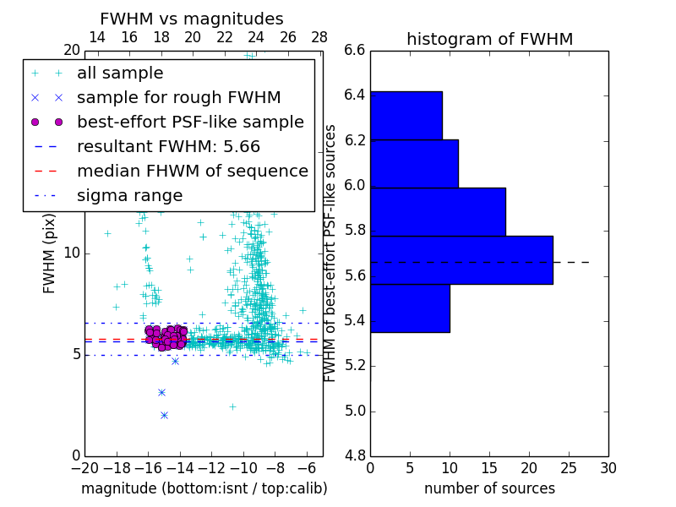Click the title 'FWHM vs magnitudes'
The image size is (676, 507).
191,19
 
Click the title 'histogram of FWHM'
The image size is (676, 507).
489,39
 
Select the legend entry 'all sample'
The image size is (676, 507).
120,74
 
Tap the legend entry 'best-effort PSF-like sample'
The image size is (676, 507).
190,122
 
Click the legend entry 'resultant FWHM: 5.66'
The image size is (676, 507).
168,146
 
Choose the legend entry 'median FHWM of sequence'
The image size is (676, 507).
192,171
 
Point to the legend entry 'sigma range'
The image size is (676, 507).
129,196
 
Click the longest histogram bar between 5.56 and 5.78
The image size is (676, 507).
461,260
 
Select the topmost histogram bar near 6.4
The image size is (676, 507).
406,115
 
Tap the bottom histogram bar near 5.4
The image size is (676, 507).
410,308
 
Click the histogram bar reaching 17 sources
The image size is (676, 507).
438,211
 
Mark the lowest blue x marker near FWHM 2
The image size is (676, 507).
164,415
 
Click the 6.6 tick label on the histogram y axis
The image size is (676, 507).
354,50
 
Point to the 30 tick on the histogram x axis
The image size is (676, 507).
608,467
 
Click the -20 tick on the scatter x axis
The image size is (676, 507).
84,467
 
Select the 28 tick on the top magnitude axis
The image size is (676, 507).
319,37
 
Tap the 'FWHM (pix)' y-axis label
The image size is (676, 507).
49,253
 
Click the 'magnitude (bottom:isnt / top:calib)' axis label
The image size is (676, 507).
204,488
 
